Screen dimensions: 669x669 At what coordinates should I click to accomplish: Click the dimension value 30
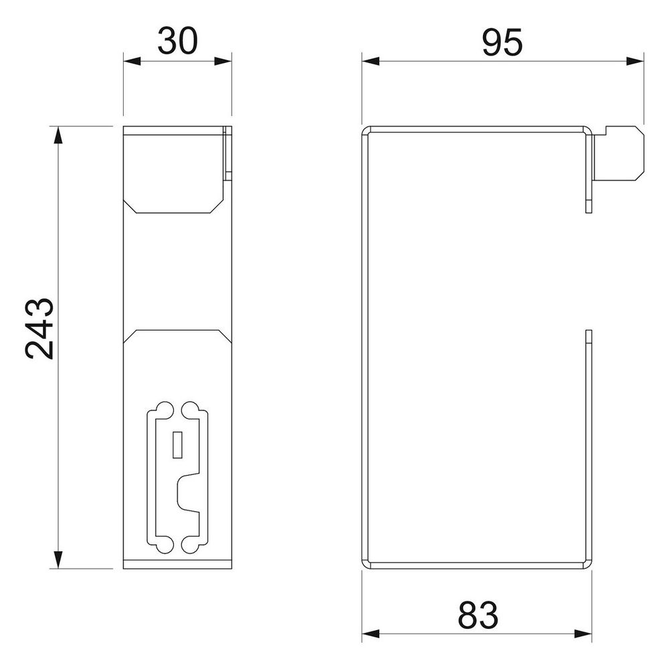[177, 41]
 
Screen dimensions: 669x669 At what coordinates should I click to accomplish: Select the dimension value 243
[39, 328]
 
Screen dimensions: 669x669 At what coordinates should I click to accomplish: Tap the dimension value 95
[502, 43]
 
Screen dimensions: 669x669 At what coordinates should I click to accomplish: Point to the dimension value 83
[478, 615]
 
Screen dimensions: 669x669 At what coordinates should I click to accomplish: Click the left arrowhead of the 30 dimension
[132, 62]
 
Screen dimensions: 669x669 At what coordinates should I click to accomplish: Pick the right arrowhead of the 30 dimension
[223, 62]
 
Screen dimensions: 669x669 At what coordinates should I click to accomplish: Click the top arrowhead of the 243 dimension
[58, 135]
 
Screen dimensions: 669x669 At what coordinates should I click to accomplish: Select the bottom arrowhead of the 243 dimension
[58, 560]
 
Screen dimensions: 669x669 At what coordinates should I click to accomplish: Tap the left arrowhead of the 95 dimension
[371, 62]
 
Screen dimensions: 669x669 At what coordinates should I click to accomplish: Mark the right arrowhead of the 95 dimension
[636, 62]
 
